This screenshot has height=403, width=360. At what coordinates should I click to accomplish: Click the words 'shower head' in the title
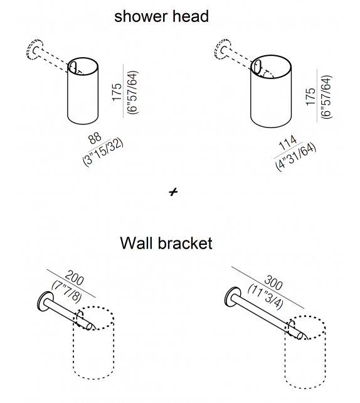(x=161, y=16)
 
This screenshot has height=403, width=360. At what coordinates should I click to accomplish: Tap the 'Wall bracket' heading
(x=166, y=242)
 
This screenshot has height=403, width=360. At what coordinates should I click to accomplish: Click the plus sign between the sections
(x=174, y=193)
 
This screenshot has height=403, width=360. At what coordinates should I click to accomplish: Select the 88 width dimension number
(x=94, y=138)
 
